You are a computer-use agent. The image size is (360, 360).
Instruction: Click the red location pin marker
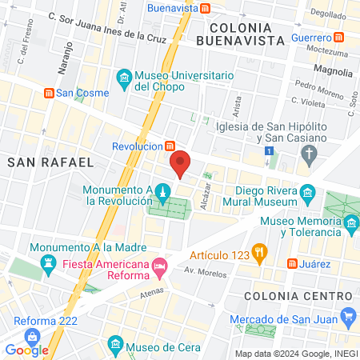tap(180, 164)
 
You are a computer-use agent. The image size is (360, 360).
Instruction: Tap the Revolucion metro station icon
tap(170, 146)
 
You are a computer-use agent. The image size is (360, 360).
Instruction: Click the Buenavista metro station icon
tap(206, 9)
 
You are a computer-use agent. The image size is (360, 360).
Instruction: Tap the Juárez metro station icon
tap(293, 263)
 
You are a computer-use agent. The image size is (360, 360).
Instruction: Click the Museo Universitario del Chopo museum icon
tap(124, 77)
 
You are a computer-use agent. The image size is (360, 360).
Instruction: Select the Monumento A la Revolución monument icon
tap(162, 192)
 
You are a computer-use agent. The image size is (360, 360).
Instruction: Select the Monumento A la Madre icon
tap(46, 262)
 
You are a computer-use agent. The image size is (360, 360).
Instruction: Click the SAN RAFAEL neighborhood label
tap(50, 162)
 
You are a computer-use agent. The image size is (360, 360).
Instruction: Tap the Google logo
tap(26, 350)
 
